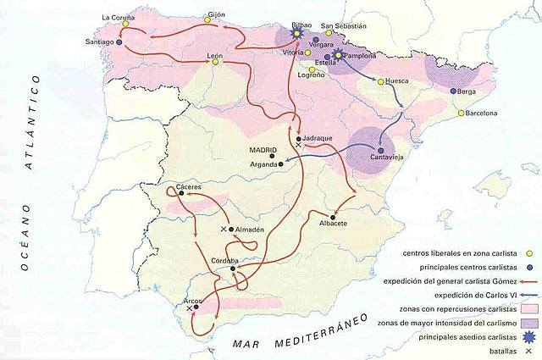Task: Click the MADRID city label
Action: click(263, 152)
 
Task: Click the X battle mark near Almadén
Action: click(224, 230)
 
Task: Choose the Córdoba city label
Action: click(232, 260)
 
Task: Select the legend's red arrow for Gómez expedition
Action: click(522, 280)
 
